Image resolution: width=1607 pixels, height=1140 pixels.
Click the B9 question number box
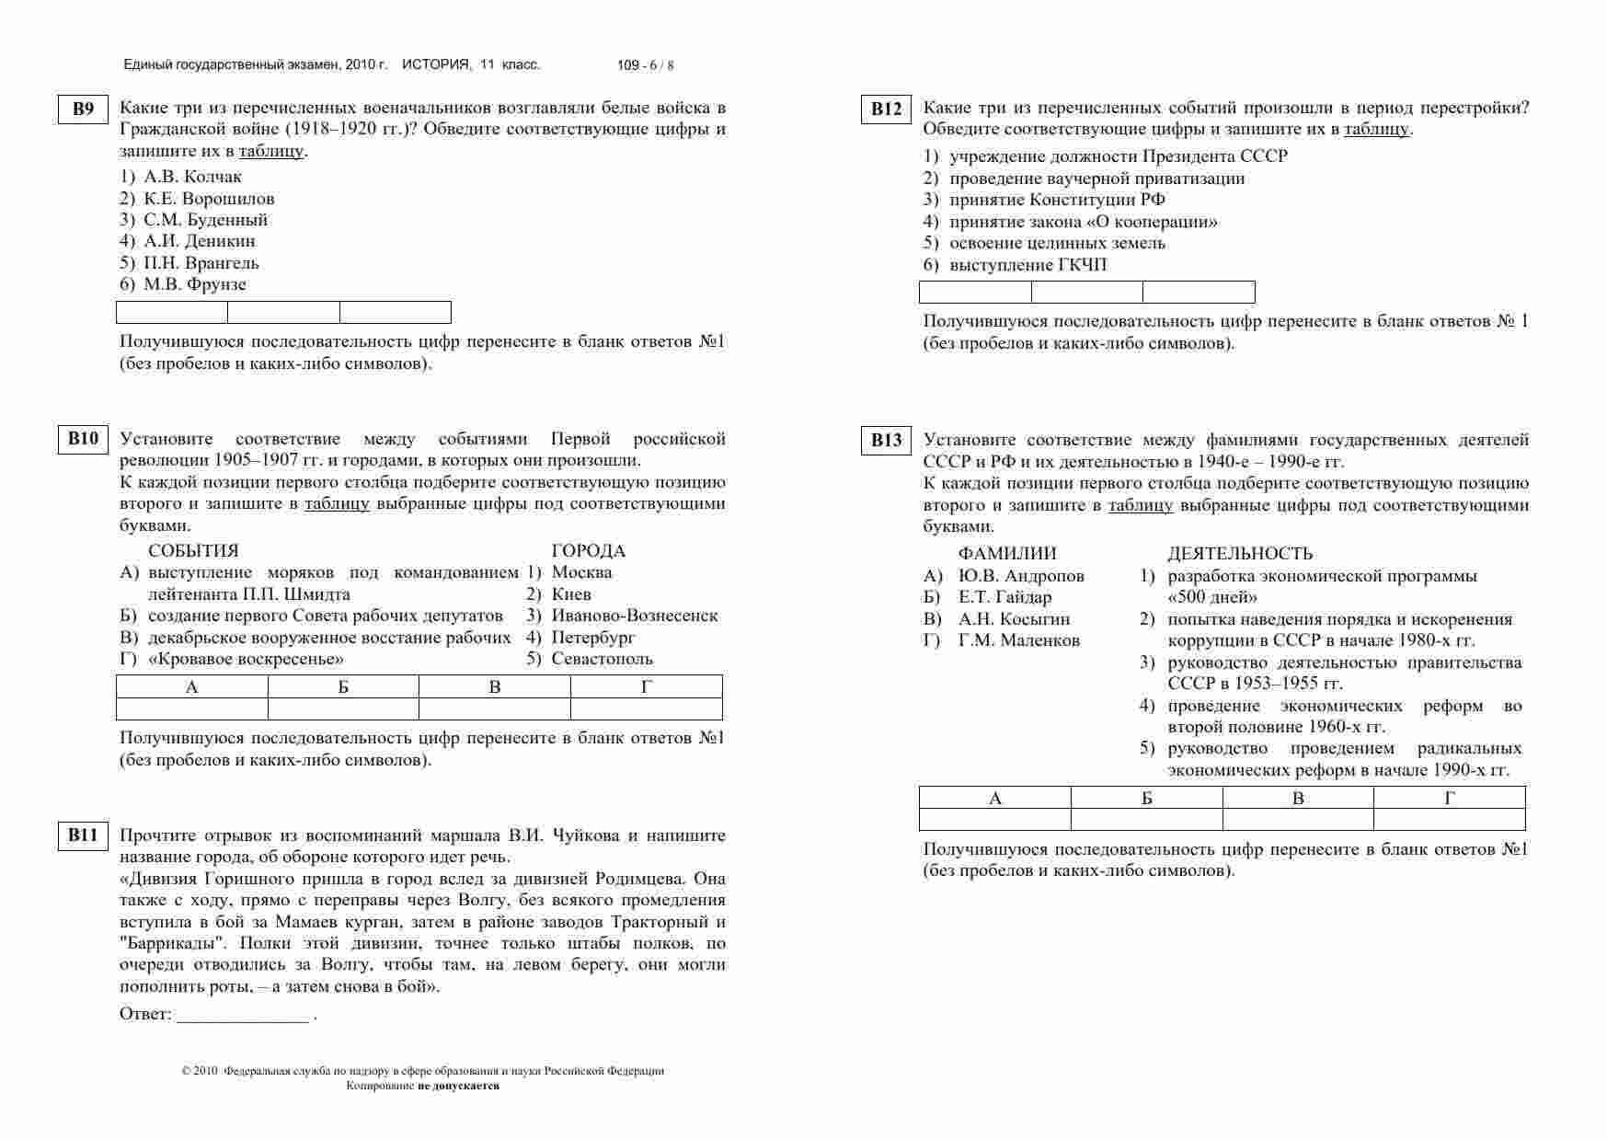pyautogui.click(x=83, y=109)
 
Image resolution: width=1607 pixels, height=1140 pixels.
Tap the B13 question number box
pyautogui.click(x=886, y=440)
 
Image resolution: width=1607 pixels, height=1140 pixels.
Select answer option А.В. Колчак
pyautogui.click(x=193, y=177)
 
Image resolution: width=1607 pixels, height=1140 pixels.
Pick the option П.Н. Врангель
pyautogui.click(x=201, y=263)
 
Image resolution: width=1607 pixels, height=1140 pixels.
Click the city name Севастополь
pyautogui.click(x=603, y=659)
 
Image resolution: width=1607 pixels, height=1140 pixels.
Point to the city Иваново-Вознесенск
pyautogui.click(x=635, y=616)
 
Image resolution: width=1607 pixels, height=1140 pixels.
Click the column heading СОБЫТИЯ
pyautogui.click(x=193, y=551)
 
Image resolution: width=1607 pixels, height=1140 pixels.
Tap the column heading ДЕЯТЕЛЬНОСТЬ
pyautogui.click(x=1240, y=554)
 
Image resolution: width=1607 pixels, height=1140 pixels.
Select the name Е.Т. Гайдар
pyautogui.click(x=1004, y=597)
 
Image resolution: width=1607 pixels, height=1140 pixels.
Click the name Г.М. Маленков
pyautogui.click(x=1019, y=640)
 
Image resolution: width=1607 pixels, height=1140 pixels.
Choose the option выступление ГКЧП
pyautogui.click(x=1028, y=265)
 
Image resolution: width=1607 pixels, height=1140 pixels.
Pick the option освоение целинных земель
pyautogui.click(x=1057, y=243)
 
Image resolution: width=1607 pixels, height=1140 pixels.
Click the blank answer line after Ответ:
pyautogui.click(x=243, y=1016)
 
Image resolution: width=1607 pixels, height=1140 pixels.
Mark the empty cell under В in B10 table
pyautogui.click(x=495, y=708)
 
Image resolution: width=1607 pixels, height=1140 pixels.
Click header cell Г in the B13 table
pyautogui.click(x=1450, y=798)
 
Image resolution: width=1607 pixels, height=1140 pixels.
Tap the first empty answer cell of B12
pyautogui.click(x=975, y=293)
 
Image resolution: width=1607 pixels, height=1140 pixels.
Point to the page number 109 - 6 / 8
pyautogui.click(x=645, y=65)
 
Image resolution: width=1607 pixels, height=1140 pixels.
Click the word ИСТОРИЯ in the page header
pyautogui.click(x=436, y=64)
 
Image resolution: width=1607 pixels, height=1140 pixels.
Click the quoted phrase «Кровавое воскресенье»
pyautogui.click(x=246, y=659)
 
